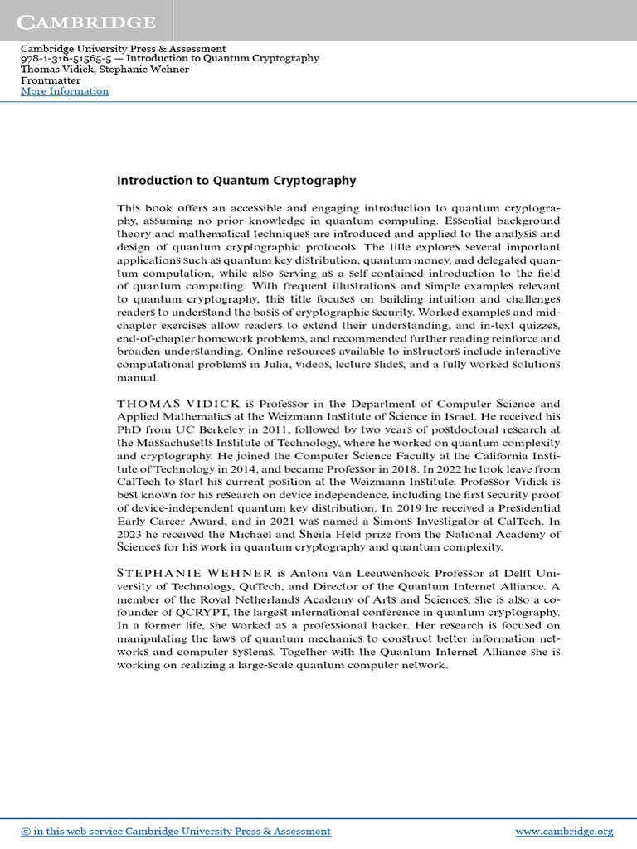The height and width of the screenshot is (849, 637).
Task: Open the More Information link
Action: (64, 91)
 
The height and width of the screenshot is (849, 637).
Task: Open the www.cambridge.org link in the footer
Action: (564, 831)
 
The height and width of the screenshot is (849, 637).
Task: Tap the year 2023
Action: (131, 535)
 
